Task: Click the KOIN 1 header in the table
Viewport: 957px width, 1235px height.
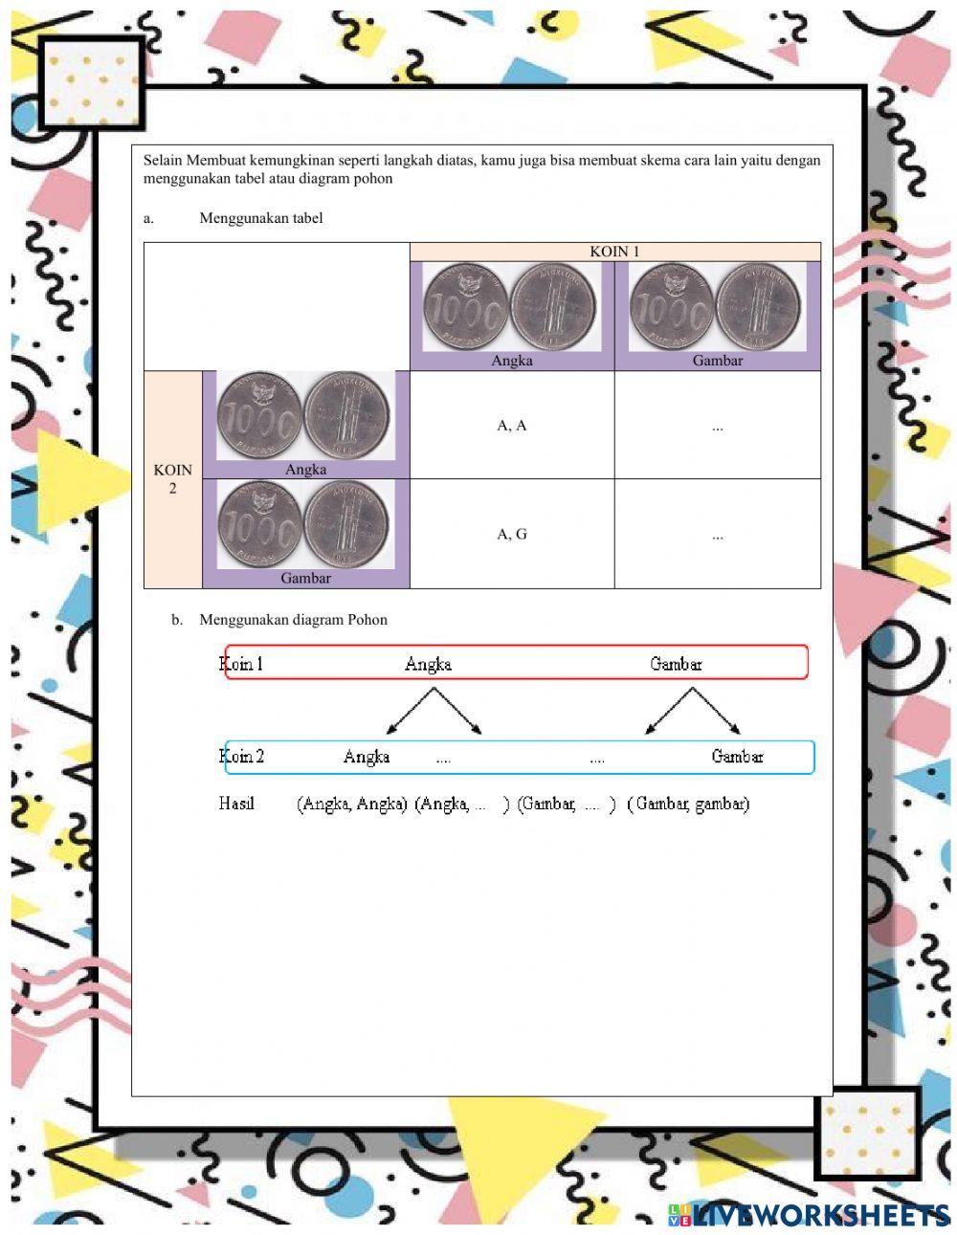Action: pyautogui.click(x=614, y=252)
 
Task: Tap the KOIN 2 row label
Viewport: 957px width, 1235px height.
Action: pyautogui.click(x=172, y=478)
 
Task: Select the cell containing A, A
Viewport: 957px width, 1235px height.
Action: pyautogui.click(x=512, y=426)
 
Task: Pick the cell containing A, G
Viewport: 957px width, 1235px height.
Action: pyautogui.click(x=512, y=534)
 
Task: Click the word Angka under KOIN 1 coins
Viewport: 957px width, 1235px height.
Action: pyautogui.click(x=512, y=361)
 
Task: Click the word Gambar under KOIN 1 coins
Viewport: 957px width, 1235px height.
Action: pyautogui.click(x=718, y=361)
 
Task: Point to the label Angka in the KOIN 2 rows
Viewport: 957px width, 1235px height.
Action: pyautogui.click(x=305, y=470)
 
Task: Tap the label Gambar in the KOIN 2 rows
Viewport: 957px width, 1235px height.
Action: pyautogui.click(x=305, y=578)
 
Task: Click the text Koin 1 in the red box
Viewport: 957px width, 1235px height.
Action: pyautogui.click(x=241, y=664)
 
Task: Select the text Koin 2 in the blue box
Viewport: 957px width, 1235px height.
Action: pyautogui.click(x=241, y=757)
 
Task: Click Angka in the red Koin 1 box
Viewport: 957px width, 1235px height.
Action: pyautogui.click(x=428, y=664)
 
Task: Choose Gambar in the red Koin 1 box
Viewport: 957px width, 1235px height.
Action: pyautogui.click(x=676, y=664)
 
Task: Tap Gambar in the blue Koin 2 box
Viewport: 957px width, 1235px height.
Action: pyautogui.click(x=737, y=757)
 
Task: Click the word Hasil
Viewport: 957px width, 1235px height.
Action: pyautogui.click(x=236, y=804)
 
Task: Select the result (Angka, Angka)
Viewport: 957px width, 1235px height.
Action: pyautogui.click(x=352, y=805)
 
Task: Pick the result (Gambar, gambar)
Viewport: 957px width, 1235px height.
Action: pyautogui.click(x=688, y=805)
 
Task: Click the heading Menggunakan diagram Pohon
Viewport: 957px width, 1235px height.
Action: pyautogui.click(x=293, y=620)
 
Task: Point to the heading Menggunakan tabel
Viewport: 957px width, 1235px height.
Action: pyautogui.click(x=261, y=218)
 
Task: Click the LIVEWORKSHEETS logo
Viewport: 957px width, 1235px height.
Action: pyautogui.click(x=809, y=1215)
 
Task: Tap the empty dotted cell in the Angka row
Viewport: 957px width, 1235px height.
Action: pyautogui.click(x=718, y=427)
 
